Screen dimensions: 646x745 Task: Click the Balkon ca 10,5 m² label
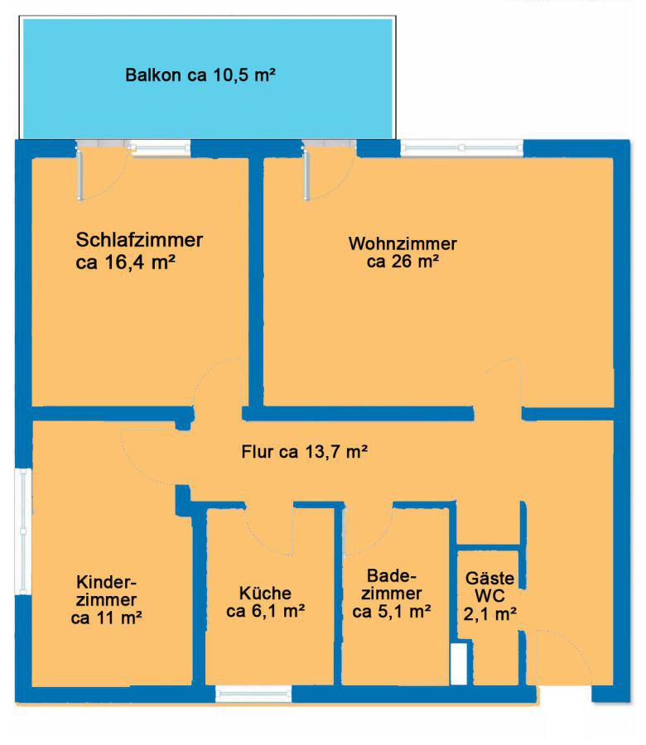(200, 75)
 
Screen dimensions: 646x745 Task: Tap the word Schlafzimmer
(139, 239)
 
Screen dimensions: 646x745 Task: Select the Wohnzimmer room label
(403, 252)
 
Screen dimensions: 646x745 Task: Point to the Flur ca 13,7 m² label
(304, 451)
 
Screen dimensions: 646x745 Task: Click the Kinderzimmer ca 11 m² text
(107, 600)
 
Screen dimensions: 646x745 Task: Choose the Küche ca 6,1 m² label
(265, 602)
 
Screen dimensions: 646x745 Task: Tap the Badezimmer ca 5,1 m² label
(392, 594)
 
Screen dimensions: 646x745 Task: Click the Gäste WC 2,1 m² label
(490, 596)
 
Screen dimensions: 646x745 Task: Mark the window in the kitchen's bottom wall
(253, 694)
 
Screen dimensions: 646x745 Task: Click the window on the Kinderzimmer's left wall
(23, 531)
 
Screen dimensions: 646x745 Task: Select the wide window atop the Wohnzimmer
(462, 148)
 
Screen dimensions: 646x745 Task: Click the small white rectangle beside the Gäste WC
(459, 664)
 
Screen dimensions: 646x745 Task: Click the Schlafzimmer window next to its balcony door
(160, 148)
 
